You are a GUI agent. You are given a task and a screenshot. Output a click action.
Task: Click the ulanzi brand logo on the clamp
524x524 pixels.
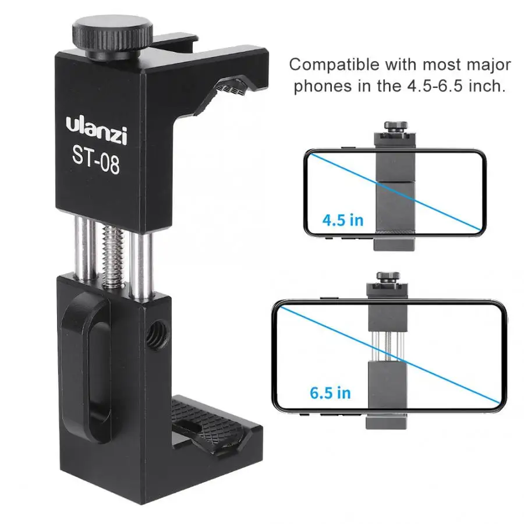(x=96, y=130)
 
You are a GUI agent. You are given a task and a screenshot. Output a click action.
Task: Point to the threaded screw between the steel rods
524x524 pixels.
(x=113, y=256)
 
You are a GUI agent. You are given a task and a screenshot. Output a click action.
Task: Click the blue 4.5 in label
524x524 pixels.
(x=343, y=221)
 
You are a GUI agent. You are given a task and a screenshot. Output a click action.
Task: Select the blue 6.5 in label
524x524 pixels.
(x=330, y=393)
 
